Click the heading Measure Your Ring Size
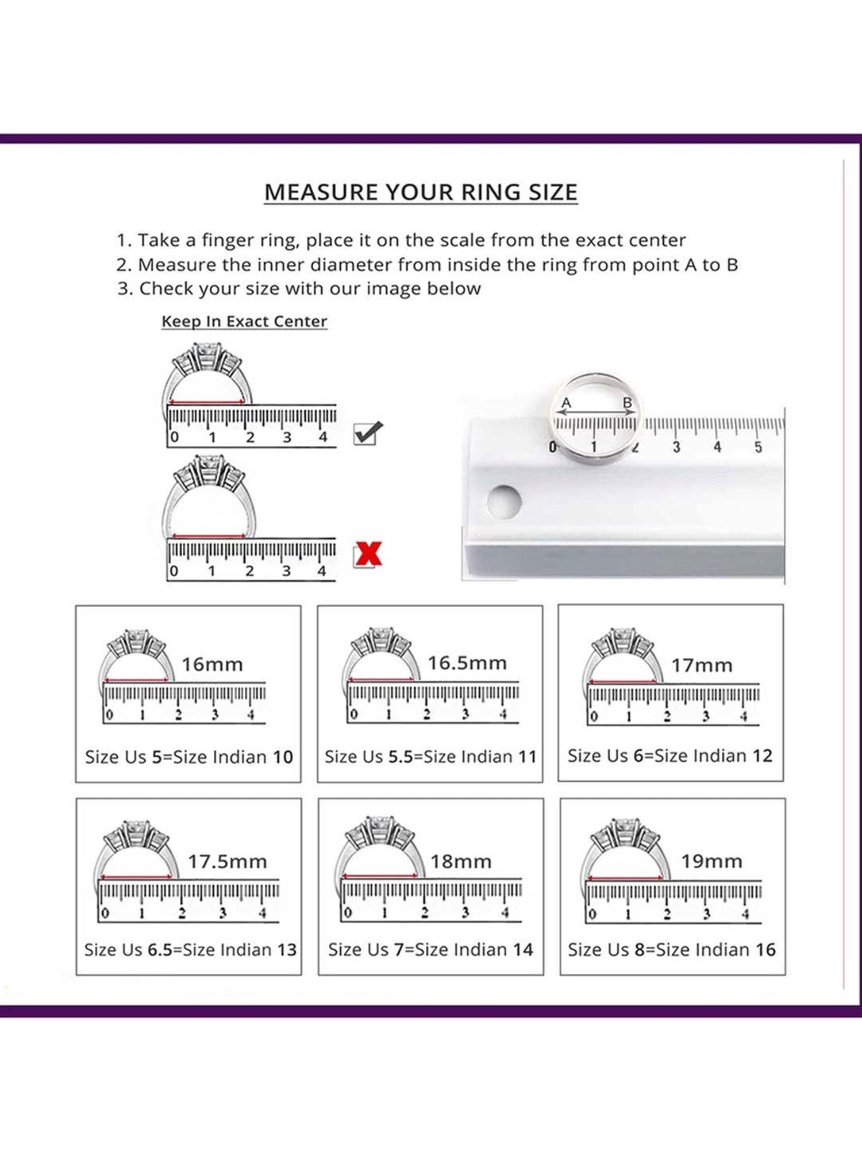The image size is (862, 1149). (x=421, y=192)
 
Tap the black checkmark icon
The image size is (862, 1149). (x=368, y=433)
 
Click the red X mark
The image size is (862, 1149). (x=368, y=554)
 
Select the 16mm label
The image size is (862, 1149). (x=212, y=665)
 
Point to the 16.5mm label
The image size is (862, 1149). (x=467, y=663)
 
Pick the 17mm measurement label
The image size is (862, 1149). (x=702, y=665)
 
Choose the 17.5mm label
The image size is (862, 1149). (x=228, y=862)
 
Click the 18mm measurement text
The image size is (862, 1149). (x=461, y=862)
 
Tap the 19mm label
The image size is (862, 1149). (x=711, y=861)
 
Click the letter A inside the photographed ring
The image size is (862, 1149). (x=566, y=403)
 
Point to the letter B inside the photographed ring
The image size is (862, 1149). (x=628, y=403)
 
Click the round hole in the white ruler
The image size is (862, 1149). (x=504, y=501)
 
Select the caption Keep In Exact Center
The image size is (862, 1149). (x=244, y=321)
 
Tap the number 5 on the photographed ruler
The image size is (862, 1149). (x=759, y=447)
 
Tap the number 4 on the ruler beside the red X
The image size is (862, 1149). (x=322, y=571)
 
